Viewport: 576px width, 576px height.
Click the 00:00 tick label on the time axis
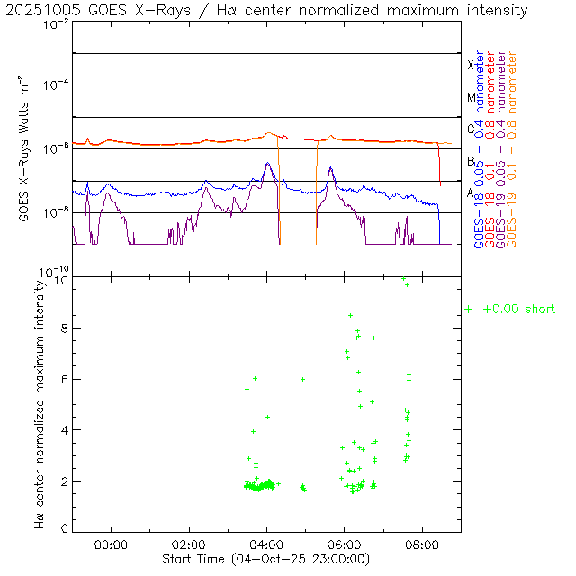pos(111,544)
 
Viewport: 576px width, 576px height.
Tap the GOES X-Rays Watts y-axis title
pos(28,148)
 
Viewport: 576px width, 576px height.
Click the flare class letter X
pos(470,65)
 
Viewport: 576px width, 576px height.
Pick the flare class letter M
pos(470,97)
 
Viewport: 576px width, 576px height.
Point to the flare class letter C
pos(470,129)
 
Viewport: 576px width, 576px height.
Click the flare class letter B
pos(470,161)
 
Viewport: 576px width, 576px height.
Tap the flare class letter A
pos(470,193)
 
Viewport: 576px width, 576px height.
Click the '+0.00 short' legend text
pos(518,309)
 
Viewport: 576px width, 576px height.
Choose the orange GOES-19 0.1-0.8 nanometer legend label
pos(512,149)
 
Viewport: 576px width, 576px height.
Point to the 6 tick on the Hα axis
pos(64,380)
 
